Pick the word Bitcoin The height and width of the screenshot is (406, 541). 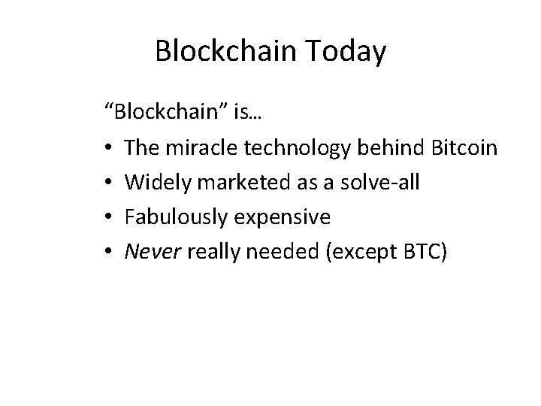[466, 148]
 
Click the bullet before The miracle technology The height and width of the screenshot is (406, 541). [110, 149]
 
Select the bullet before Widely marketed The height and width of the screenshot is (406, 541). [110, 183]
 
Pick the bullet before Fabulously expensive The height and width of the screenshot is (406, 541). [110, 218]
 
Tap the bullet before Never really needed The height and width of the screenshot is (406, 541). [110, 253]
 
